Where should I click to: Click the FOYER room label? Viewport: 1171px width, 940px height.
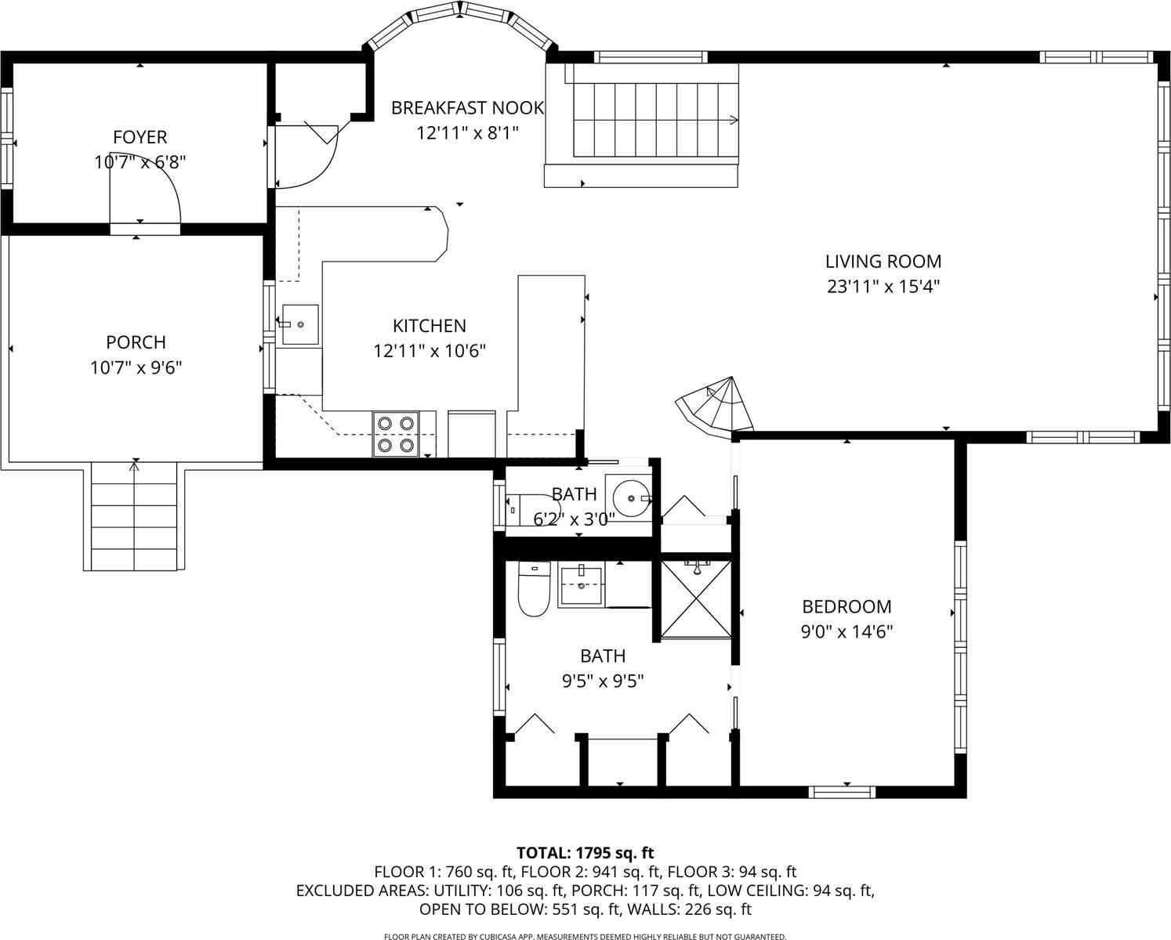(140, 137)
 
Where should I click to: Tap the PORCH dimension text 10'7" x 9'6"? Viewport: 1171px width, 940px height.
(136, 367)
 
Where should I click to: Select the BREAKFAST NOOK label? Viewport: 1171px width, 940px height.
(467, 107)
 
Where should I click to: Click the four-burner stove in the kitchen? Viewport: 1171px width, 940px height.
(395, 434)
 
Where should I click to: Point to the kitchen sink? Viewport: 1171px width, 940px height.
(299, 324)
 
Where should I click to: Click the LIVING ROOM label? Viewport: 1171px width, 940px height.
(883, 261)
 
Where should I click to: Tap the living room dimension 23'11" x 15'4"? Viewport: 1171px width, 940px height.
(883, 286)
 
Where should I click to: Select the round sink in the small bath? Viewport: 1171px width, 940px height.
(630, 497)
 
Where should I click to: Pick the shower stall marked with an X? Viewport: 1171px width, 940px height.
(695, 598)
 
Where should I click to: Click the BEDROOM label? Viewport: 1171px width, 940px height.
(847, 606)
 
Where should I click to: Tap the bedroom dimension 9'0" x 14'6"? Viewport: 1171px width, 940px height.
(847, 631)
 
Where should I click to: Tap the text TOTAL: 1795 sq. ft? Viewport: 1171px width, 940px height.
(585, 852)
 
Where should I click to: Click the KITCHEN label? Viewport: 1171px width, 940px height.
(429, 325)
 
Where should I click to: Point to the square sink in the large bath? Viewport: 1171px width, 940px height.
(581, 585)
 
